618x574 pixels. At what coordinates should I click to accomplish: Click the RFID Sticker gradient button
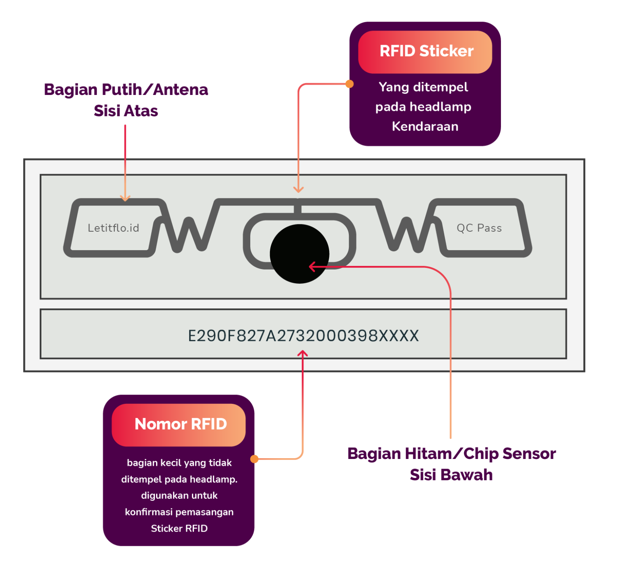[425, 52]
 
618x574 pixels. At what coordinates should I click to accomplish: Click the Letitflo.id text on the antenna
[113, 228]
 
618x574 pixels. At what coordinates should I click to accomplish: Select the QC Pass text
[479, 228]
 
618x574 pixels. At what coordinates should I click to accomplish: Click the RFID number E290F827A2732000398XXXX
[303, 336]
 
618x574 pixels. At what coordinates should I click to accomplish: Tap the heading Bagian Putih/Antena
[126, 90]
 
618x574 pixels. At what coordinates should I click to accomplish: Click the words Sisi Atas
[126, 111]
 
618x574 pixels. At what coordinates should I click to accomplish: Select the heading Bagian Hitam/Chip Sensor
[451, 454]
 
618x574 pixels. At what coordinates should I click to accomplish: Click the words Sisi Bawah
[451, 475]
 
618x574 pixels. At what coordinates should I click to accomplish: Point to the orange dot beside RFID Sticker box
[350, 84]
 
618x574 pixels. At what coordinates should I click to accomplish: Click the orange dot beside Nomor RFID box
[254, 459]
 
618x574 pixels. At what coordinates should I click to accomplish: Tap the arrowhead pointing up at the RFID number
[303, 354]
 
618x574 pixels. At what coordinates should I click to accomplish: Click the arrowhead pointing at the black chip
[312, 267]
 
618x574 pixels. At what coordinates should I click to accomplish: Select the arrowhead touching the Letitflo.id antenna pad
[125, 198]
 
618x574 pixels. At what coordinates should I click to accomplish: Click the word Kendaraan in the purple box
[425, 127]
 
